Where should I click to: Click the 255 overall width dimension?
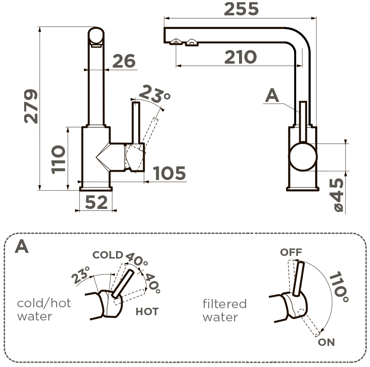(241, 9)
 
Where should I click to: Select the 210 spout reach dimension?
(240, 57)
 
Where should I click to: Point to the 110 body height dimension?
(58, 159)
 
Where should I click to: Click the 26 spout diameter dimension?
(123, 61)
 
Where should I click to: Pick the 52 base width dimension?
(96, 202)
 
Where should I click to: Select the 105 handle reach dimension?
(170, 173)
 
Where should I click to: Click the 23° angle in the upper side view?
(154, 93)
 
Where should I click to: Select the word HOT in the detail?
(147, 312)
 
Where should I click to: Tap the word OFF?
(291, 252)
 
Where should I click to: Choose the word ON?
(326, 342)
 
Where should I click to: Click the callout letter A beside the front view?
(272, 96)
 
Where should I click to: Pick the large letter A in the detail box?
(22, 247)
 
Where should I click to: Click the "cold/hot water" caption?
(44, 309)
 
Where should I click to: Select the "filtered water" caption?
(225, 310)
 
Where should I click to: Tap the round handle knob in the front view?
(302, 157)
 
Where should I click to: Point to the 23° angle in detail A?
(81, 276)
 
